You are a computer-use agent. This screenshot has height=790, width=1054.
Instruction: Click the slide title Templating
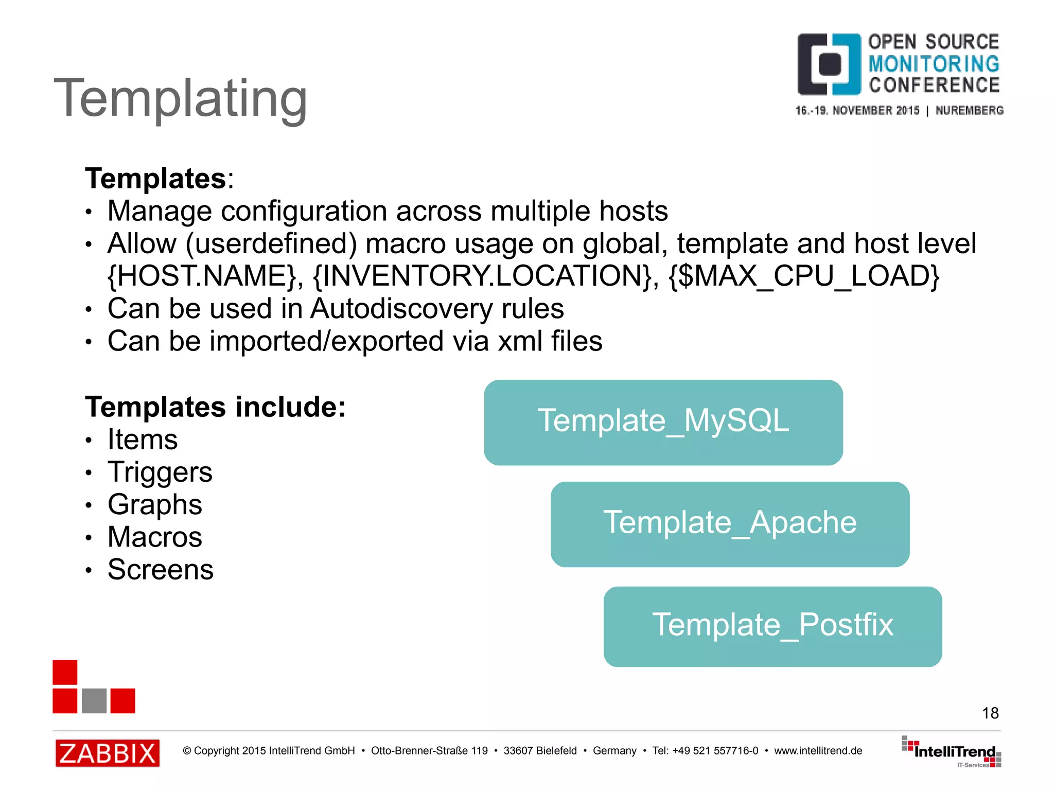coord(180,98)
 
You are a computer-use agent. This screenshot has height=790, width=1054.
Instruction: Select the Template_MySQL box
coord(663,422)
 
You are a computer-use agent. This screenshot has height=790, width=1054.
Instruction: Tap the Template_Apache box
coord(729,524)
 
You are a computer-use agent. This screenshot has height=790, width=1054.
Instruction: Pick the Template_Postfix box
coord(772,626)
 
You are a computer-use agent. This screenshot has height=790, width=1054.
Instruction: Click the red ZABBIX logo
coord(107,753)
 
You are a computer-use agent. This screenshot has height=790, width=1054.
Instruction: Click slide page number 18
coord(990,713)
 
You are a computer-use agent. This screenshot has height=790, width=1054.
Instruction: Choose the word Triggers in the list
coord(160,472)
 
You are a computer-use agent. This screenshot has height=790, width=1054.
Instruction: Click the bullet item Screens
coord(160,569)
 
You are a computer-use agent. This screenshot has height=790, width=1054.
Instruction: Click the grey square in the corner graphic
coord(94,700)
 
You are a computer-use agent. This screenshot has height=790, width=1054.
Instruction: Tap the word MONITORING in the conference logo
coord(934,64)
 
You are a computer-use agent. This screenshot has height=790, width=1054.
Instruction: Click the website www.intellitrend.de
coord(818,750)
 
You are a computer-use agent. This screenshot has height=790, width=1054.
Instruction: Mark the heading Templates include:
coord(215,407)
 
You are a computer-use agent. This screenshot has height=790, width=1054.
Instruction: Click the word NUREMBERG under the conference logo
coord(969,110)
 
